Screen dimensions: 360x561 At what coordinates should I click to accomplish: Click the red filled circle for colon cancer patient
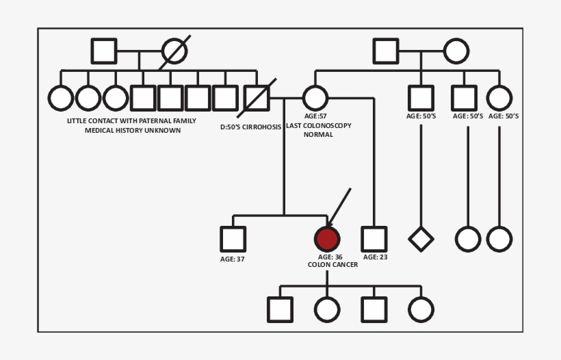click(x=327, y=239)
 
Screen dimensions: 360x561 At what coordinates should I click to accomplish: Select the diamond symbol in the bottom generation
click(x=421, y=239)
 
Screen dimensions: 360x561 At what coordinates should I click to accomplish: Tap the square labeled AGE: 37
click(x=233, y=239)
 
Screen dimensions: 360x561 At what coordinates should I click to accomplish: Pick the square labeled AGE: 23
click(x=374, y=239)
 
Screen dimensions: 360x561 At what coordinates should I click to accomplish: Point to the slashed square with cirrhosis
click(x=257, y=98)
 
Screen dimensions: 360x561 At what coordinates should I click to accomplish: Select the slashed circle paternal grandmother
click(x=174, y=51)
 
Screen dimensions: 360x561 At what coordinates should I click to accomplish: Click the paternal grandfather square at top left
click(x=104, y=51)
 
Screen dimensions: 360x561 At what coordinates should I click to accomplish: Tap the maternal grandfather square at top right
click(x=386, y=51)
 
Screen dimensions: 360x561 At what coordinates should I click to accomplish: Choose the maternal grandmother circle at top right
click(x=456, y=51)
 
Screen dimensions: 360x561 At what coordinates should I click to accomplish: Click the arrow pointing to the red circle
click(x=339, y=207)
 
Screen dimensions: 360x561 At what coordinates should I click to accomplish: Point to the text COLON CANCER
click(x=332, y=265)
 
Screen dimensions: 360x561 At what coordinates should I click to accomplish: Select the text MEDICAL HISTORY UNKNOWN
click(x=133, y=130)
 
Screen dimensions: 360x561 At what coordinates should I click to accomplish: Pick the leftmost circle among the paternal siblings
click(x=61, y=98)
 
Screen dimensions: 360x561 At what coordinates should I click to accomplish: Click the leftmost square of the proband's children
click(x=280, y=309)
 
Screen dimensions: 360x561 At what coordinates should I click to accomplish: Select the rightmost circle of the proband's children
click(x=421, y=309)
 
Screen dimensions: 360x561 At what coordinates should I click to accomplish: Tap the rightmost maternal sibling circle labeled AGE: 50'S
click(x=499, y=98)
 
